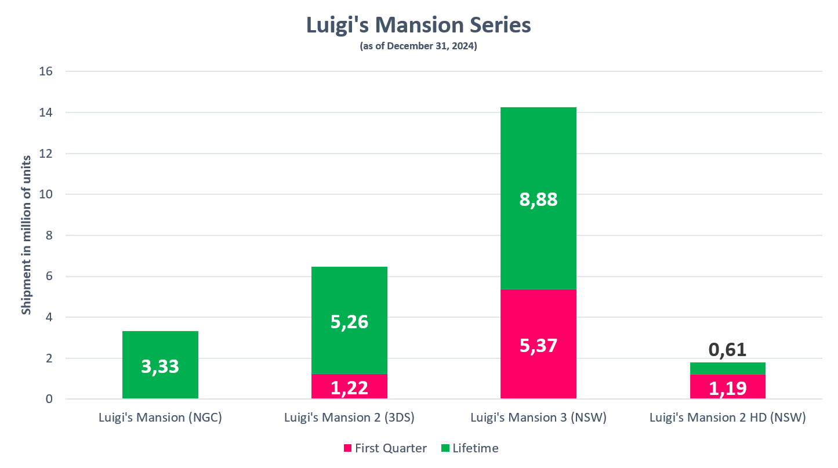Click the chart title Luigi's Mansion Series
418,26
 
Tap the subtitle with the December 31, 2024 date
418,47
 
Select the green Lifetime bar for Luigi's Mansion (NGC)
161,348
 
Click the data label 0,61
727,350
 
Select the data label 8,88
538,199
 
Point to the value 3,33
161,367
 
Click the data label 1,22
349,387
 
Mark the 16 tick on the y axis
46,72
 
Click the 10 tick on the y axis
46,195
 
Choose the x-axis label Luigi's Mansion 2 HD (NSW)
727,418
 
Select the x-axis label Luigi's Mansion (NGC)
161,418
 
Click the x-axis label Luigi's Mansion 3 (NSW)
538,418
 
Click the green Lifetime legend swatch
445,448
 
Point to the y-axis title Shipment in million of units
26,235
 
